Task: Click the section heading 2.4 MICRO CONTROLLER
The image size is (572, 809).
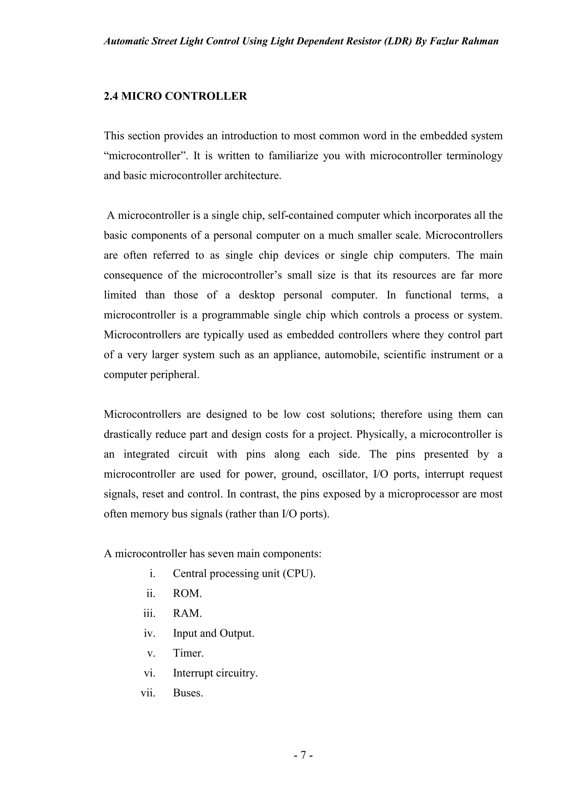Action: (x=175, y=96)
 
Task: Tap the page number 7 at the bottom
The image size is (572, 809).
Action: (x=303, y=755)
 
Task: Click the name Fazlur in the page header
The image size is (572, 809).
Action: (x=449, y=42)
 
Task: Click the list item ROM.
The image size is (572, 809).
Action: (x=187, y=593)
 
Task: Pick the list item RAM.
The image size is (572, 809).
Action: (x=187, y=613)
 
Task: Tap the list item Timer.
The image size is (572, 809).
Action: (x=188, y=653)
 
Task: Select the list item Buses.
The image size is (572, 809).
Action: (x=188, y=693)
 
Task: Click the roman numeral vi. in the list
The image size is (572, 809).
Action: (x=149, y=673)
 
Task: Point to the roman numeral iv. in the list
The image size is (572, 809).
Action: (x=149, y=634)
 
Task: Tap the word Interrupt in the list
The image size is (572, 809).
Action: (x=193, y=673)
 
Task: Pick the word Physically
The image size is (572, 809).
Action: (x=382, y=434)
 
